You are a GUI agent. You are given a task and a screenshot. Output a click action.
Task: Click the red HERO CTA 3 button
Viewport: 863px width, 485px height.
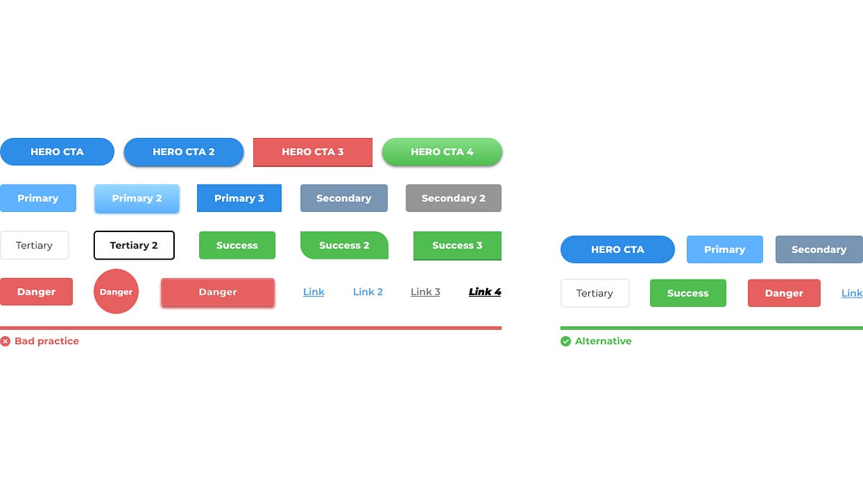tap(312, 152)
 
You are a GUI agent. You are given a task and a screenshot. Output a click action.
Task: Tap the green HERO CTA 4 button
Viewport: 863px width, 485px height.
tap(442, 152)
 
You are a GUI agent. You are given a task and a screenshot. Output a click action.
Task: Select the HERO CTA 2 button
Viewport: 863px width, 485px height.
tap(183, 152)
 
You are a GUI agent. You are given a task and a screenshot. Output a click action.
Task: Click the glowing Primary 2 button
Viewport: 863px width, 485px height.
tap(137, 198)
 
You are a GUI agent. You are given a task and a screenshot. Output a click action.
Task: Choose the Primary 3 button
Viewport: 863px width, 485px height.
tap(239, 198)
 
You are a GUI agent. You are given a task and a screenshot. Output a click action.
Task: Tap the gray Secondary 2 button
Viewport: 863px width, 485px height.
tap(453, 198)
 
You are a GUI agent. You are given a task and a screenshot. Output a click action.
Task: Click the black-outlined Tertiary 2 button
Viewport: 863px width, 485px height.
tap(134, 245)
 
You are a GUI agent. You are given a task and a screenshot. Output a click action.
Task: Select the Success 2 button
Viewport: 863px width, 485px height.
tap(344, 245)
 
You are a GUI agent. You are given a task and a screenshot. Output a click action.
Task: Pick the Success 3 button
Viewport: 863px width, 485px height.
tap(457, 245)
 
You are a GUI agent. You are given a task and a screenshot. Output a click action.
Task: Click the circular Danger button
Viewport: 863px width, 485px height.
tap(116, 292)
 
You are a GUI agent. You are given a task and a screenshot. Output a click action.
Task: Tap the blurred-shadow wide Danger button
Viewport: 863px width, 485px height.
tap(217, 292)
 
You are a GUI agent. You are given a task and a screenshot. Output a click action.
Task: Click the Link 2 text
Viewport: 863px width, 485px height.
tap(367, 292)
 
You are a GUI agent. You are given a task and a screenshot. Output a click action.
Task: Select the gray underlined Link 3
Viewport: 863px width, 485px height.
tap(425, 292)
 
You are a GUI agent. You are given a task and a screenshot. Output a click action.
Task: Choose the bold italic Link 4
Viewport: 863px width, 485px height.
tap(485, 292)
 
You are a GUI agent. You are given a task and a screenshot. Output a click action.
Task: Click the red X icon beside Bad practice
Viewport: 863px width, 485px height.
tap(5, 341)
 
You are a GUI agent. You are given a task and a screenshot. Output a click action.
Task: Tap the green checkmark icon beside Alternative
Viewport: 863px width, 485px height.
tap(565, 341)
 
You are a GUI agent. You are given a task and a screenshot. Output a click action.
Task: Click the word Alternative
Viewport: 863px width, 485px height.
tap(603, 341)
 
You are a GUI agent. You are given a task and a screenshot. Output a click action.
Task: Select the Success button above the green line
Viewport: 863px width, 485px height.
tap(688, 293)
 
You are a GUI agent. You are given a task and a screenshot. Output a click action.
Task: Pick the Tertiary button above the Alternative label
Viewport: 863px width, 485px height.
tap(595, 293)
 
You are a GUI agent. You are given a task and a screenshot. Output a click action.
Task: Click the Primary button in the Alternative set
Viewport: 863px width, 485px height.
tap(724, 249)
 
